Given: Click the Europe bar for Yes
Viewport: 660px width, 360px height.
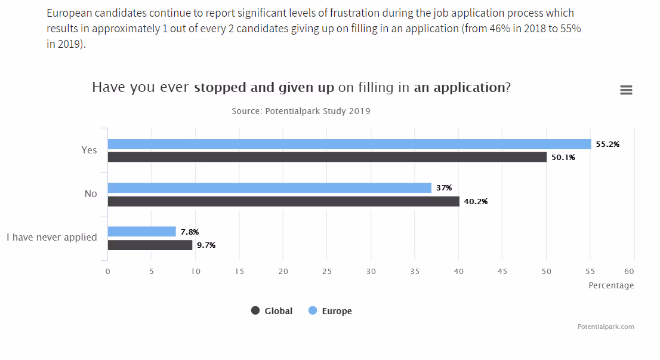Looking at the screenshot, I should [349, 144].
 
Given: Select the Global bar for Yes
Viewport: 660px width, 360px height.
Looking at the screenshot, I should [327, 157].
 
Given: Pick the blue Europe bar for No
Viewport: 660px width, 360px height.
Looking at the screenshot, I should [269, 187].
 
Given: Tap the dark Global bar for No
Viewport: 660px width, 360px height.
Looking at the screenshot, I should [283, 201].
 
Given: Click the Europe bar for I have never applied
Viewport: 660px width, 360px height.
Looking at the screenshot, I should [141, 232].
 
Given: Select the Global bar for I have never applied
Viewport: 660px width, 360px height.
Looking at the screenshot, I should [150, 245].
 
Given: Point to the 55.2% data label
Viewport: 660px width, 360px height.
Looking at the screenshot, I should [607, 144].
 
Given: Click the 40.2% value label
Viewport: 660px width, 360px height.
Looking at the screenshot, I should [476, 201].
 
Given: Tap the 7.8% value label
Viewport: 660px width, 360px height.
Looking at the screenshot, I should [190, 232].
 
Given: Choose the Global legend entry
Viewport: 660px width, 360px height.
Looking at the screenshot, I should [272, 310].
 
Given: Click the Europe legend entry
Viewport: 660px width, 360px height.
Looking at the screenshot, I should [330, 310].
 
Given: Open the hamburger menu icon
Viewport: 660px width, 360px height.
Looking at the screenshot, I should [626, 90].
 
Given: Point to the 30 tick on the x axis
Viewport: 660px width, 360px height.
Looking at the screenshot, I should [371, 271].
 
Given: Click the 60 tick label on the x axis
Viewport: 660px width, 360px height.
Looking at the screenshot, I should [634, 271].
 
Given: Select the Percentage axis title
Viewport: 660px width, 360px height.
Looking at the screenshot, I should [611, 285].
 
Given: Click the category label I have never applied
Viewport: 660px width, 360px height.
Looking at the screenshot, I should [52, 238].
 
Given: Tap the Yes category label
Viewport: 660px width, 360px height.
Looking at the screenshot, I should [89, 150].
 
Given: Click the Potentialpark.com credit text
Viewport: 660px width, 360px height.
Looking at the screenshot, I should [606, 327].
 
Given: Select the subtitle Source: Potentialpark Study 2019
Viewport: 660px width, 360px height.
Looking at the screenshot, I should [301, 111].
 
